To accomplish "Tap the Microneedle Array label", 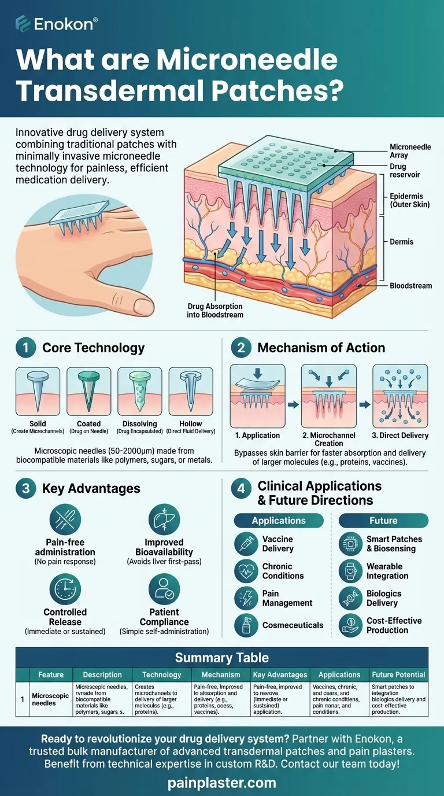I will pyautogui.click(x=410, y=151).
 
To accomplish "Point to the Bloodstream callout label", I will pyautogui.click(x=410, y=286).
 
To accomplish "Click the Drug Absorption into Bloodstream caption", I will pyautogui.click(x=214, y=310).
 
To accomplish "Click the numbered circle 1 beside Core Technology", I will pyautogui.click(x=25, y=348).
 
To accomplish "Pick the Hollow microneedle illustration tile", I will pyautogui.click(x=191, y=392).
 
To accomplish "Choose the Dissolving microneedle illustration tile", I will pyautogui.click(x=139, y=392).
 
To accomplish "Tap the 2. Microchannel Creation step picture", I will pyautogui.click(x=328, y=395).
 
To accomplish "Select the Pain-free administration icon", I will pyautogui.click(x=65, y=519).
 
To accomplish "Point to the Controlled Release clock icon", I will pyautogui.click(x=65, y=589).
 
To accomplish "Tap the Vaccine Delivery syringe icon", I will pyautogui.click(x=246, y=544).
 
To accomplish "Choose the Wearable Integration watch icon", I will pyautogui.click(x=350, y=571).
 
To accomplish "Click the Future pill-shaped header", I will pyautogui.click(x=383, y=520).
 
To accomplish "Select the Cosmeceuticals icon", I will pyautogui.click(x=246, y=625).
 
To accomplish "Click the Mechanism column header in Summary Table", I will pyautogui.click(x=221, y=675).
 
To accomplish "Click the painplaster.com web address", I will pyautogui.click(x=222, y=783).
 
